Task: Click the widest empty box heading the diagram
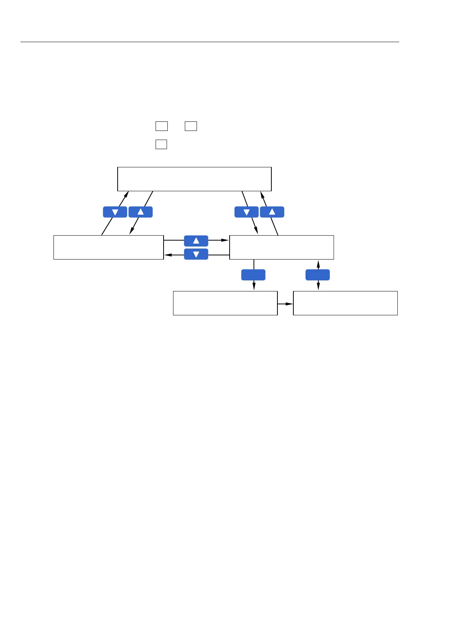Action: point(194,179)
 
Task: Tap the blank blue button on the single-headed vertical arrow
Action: point(253,275)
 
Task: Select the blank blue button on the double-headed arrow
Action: point(318,275)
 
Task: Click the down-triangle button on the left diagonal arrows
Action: point(115,212)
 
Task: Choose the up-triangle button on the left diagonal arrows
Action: point(140,212)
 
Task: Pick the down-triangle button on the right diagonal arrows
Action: point(247,212)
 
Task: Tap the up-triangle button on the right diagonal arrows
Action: point(272,212)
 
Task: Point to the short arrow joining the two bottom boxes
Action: point(285,304)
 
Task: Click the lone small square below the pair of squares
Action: point(161,144)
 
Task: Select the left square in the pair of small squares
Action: point(162,126)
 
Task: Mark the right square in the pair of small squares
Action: point(191,126)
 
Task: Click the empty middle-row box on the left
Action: point(109,247)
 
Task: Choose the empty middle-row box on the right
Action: point(282,247)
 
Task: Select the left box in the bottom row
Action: point(225,303)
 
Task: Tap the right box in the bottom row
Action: point(345,303)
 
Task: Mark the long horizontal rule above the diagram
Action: point(209,42)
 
